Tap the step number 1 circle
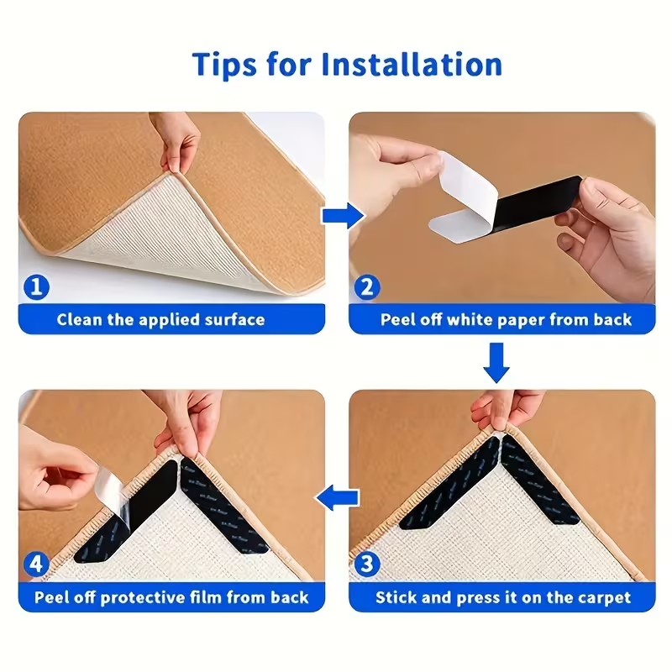[35, 287]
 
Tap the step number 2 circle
[366, 287]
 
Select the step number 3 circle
[366, 564]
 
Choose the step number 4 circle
[35, 564]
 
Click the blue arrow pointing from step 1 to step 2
[339, 216]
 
